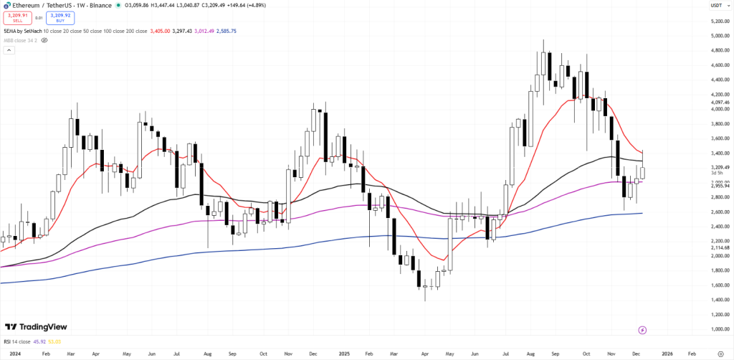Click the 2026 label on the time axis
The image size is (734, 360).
point(667,354)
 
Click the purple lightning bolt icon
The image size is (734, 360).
point(642,330)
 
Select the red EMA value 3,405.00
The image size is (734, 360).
point(159,31)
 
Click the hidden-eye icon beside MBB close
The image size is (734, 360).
point(44,41)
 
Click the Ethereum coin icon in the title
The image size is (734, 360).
point(6,5)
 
